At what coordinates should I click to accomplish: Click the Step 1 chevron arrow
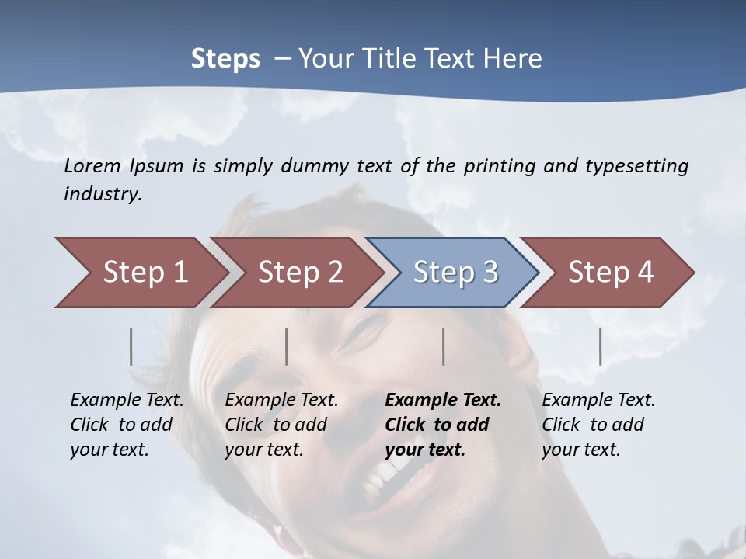coord(140,273)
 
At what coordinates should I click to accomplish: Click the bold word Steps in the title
coord(225,59)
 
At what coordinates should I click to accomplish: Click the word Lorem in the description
coord(92,166)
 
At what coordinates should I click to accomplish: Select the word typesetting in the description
coord(636,166)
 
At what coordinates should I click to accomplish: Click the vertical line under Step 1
coord(131,346)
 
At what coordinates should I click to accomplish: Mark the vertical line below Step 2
coord(287,346)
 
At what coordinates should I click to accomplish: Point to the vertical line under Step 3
coord(444,346)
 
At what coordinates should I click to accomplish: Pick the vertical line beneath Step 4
coord(601,346)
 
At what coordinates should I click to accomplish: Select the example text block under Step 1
coord(127,425)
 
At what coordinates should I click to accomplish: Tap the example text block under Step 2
coord(281,425)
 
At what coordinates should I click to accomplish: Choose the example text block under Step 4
coord(598,425)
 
